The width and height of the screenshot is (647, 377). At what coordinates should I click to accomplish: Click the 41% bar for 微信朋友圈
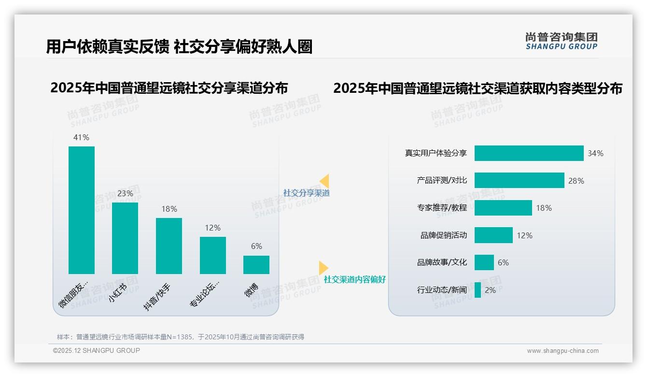coord(82,210)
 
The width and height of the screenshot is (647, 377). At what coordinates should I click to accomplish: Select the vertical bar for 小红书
coord(125,238)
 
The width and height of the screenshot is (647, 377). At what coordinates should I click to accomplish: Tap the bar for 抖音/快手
coord(169,246)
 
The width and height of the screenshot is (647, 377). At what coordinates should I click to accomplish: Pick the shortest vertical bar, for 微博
coord(256,265)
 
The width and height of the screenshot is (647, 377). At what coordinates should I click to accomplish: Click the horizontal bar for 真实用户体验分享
coord(529,153)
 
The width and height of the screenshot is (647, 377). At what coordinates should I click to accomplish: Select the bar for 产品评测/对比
coord(519,180)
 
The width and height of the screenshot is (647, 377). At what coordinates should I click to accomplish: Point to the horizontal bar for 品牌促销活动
coord(493,235)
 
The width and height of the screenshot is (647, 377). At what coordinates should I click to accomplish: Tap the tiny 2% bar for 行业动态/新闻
coord(478,290)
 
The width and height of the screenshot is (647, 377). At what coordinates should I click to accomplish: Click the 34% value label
coord(595,154)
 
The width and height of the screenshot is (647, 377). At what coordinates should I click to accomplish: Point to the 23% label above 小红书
coord(125,194)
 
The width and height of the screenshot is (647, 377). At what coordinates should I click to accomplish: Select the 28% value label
coord(576,181)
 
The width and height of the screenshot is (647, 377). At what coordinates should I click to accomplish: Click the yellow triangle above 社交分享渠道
coord(324,181)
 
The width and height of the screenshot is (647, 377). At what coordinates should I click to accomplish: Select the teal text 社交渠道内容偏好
coord(355,279)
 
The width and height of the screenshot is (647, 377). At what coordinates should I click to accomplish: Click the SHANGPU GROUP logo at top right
coord(561,41)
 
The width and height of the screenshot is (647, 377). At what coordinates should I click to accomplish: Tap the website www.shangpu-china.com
coord(563,351)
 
